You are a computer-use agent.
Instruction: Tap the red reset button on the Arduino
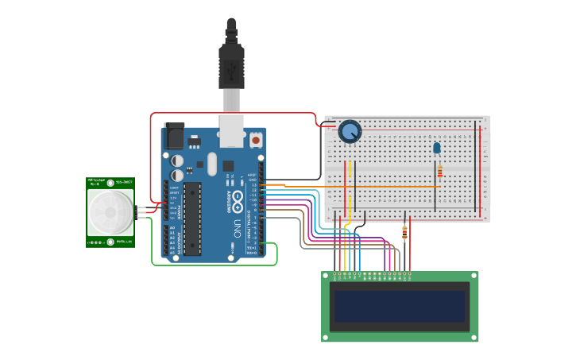[255, 140]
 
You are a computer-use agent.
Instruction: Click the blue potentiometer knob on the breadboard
[350, 131]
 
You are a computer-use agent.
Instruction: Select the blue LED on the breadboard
[436, 148]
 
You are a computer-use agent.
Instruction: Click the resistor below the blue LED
[439, 171]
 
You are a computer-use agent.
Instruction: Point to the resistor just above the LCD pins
[405, 233]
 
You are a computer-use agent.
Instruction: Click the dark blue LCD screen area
[399, 306]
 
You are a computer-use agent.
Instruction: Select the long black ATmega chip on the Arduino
[192, 219]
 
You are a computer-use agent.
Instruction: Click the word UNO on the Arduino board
[237, 230]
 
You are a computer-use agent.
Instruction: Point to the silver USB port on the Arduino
[231, 131]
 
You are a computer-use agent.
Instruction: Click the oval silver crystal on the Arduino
[211, 165]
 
